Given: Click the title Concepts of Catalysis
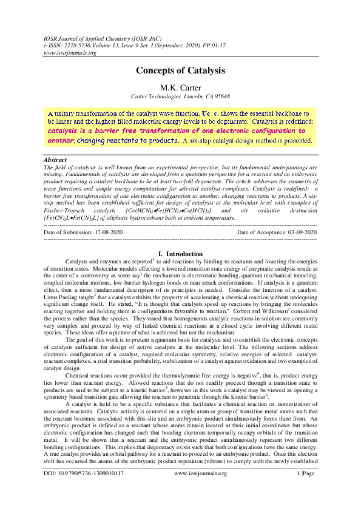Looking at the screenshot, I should click(180, 70).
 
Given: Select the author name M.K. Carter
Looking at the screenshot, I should click(180, 87).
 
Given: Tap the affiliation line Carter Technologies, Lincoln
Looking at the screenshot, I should click(180, 96).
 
